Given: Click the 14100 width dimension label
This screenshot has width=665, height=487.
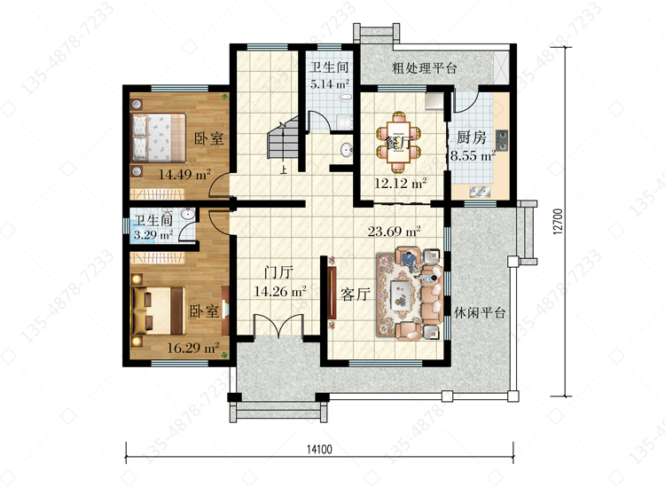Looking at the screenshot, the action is [x=319, y=449].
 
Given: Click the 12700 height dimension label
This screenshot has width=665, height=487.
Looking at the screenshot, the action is [x=558, y=221].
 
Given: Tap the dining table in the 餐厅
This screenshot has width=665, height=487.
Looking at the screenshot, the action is [x=398, y=142].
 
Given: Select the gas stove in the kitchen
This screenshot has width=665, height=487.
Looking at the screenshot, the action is [x=501, y=141].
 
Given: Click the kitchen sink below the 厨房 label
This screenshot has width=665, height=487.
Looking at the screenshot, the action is [x=480, y=192].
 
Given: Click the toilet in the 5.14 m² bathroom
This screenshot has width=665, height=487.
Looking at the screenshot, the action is [x=346, y=98].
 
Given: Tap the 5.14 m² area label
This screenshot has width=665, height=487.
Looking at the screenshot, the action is [x=330, y=84].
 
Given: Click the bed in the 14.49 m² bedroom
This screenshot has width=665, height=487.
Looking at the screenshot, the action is [x=159, y=137].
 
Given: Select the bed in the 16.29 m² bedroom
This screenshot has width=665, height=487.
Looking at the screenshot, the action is [x=159, y=311].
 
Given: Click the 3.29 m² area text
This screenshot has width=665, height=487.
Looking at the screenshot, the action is [x=153, y=234].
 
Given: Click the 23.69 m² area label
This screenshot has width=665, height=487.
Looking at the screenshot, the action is [x=394, y=232].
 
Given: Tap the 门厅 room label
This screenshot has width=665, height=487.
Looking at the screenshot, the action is [x=278, y=272].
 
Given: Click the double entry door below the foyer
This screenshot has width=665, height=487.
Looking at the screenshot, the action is [x=278, y=326].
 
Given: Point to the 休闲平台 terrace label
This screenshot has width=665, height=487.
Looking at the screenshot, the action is [x=480, y=313].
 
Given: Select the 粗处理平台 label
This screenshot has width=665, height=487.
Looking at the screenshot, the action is [x=424, y=68].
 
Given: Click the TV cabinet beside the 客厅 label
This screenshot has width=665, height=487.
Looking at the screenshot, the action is [x=332, y=293].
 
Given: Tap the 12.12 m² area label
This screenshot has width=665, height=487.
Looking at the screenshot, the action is [x=401, y=184].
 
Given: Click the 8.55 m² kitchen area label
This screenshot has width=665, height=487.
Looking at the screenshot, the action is [x=473, y=156].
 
